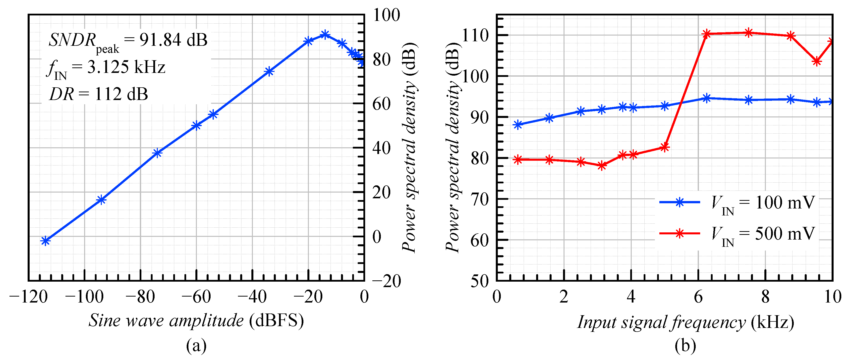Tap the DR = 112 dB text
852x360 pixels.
pos(99,94)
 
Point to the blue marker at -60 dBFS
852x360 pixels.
pos(196,126)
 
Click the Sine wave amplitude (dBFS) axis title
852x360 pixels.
pos(196,320)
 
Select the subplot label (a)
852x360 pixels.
pos(196,346)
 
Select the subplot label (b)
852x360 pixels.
pos(685,346)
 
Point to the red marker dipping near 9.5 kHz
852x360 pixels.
pos(817,61)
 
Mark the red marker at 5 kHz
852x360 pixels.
pos(665,148)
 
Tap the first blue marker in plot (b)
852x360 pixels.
pos(518,125)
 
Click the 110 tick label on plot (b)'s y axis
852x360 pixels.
pos(475,35)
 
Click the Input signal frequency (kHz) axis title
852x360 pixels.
pos(685,322)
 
